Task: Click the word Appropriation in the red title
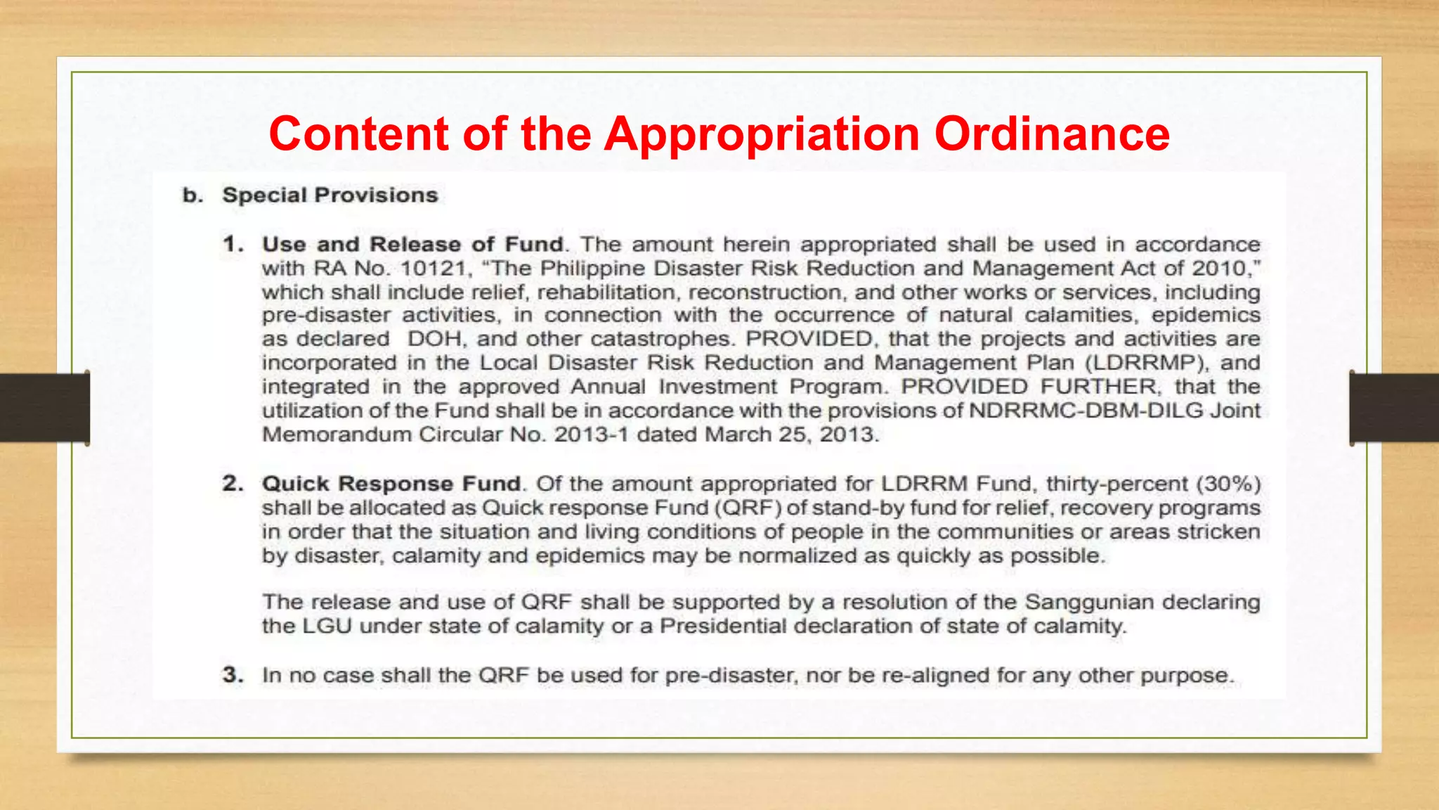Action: (762, 134)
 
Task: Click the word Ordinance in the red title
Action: (1052, 134)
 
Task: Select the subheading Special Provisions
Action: (330, 195)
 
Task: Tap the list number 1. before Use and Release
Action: (233, 244)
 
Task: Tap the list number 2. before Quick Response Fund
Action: (233, 484)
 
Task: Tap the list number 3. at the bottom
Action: (233, 675)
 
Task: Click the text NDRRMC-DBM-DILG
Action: (1086, 411)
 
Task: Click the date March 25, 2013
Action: (791, 435)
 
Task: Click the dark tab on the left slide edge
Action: (44, 408)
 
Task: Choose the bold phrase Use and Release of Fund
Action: (413, 244)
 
